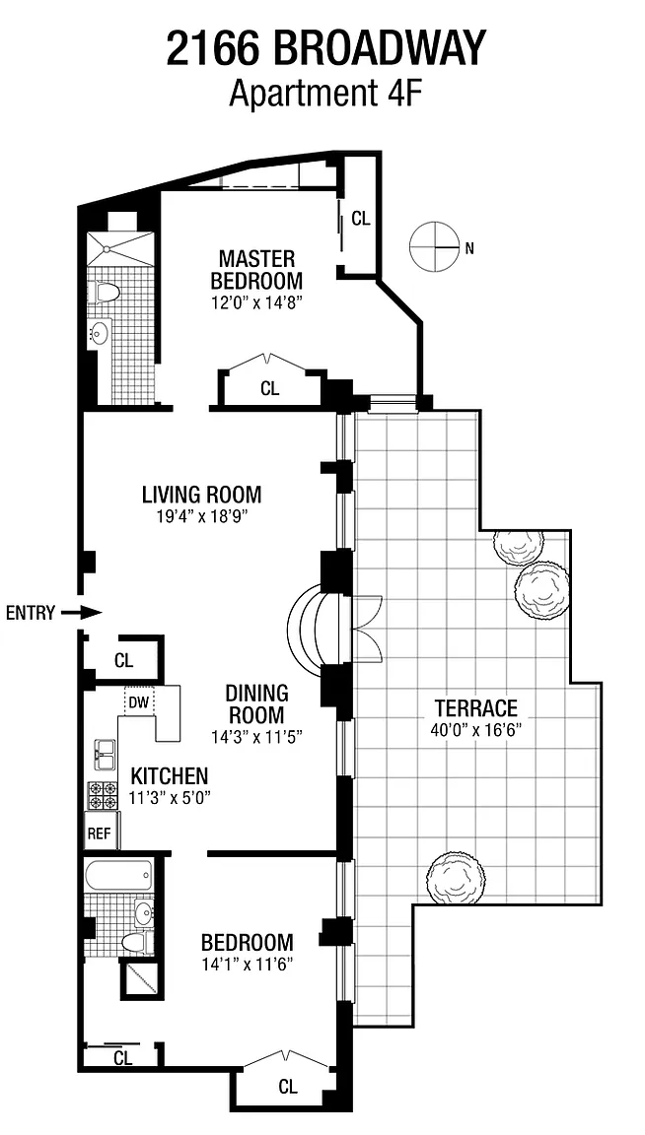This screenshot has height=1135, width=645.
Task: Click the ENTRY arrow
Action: click(81, 613)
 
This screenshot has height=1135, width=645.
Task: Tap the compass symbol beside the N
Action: click(435, 247)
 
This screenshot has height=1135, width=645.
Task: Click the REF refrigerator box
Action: click(100, 833)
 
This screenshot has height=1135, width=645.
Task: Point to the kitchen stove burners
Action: click(103, 795)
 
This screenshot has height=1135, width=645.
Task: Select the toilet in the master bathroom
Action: click(107, 292)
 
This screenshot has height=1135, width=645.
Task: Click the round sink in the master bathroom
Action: click(99, 334)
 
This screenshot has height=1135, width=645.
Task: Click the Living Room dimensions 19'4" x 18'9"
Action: click(201, 517)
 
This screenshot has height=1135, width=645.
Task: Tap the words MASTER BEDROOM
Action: click(256, 269)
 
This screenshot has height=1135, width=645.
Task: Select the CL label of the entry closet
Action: click(124, 660)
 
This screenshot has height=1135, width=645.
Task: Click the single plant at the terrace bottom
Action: click(455, 879)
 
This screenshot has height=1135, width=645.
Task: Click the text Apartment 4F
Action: click(325, 95)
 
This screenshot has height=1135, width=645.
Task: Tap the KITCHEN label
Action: click(169, 776)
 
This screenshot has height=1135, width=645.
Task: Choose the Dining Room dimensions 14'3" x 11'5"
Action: click(256, 737)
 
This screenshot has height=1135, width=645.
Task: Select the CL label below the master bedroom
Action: click(270, 389)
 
